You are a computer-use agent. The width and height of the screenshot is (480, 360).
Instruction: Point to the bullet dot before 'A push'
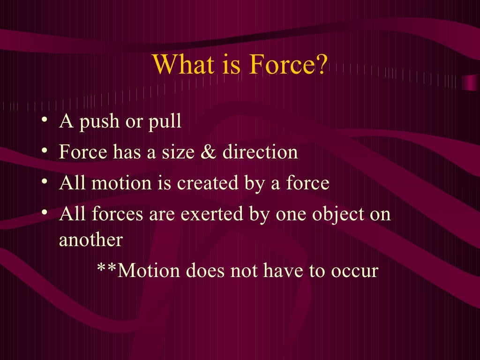coord(44,120)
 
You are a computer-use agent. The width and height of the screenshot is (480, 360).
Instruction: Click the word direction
coord(260,152)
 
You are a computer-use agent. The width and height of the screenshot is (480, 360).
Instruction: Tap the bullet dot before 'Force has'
coord(44,151)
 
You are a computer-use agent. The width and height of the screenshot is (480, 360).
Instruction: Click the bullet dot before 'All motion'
coord(44,181)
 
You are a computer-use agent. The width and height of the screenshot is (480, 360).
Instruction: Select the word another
coord(90,240)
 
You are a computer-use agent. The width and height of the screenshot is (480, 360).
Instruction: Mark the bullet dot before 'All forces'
coord(44,212)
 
